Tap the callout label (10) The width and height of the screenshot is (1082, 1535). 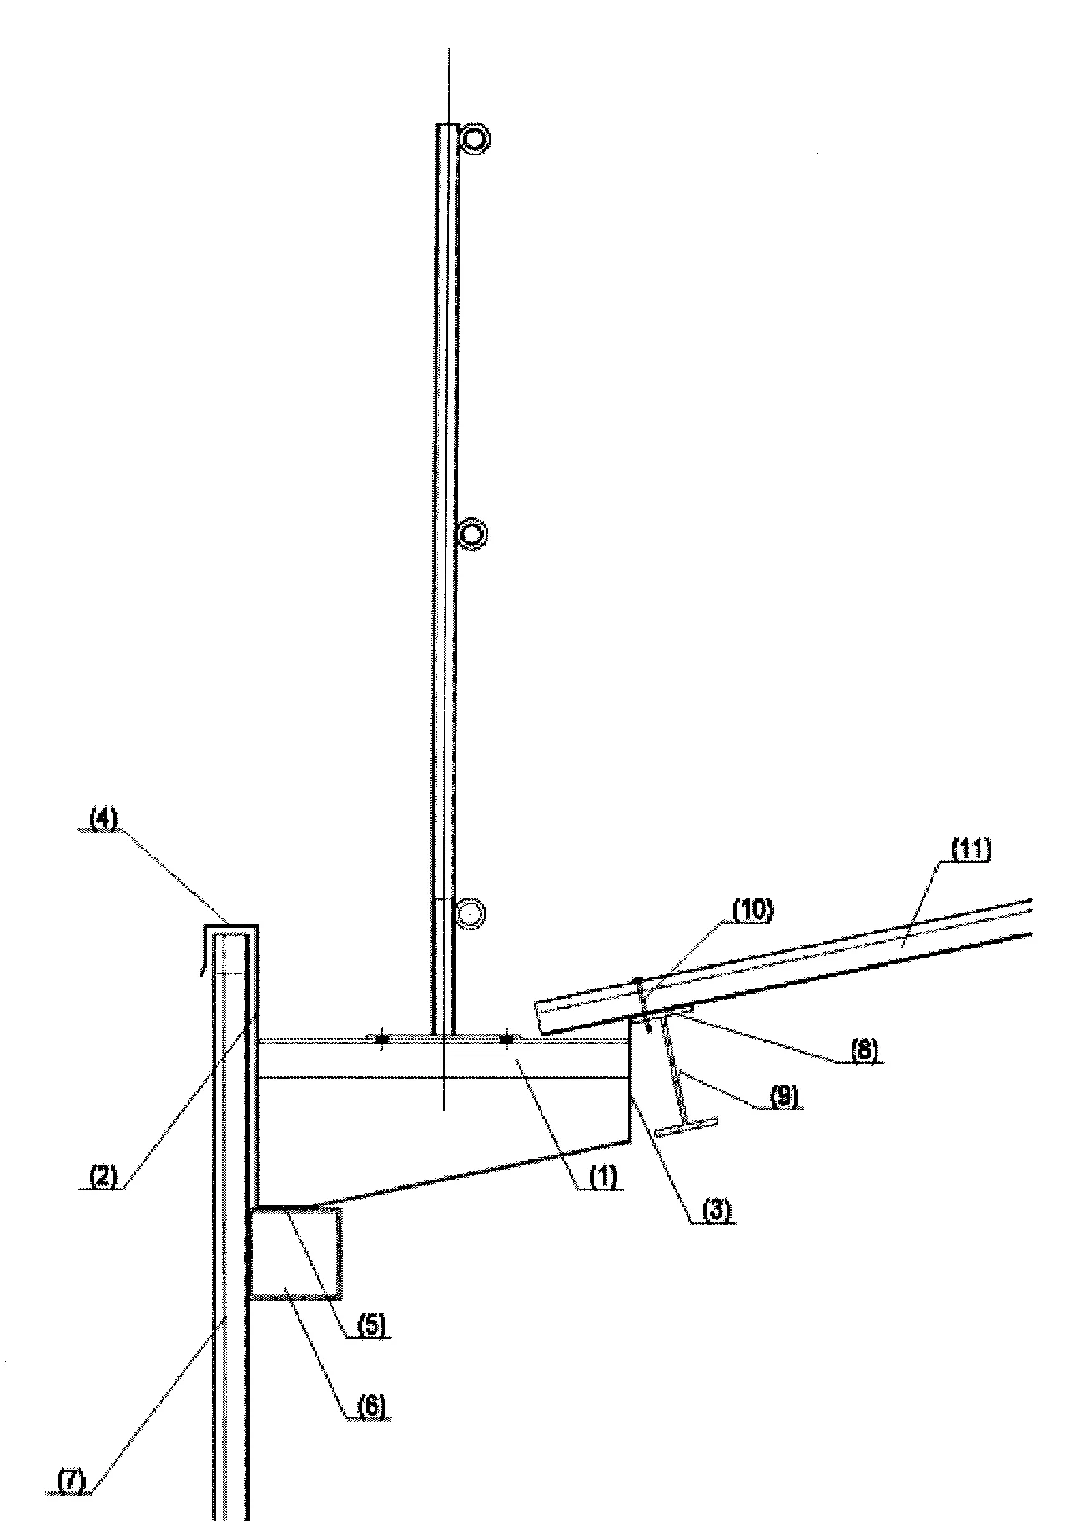click(x=752, y=910)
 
